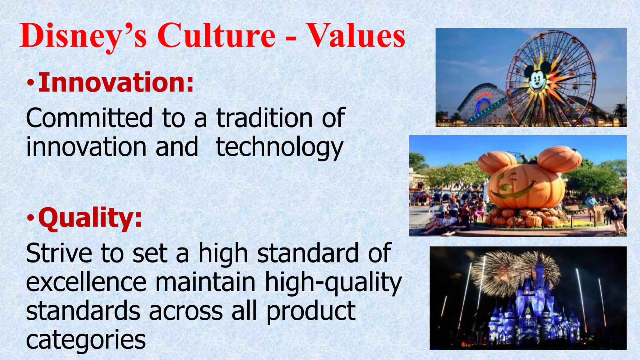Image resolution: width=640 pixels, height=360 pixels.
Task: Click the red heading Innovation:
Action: pyautogui.click(x=116, y=82)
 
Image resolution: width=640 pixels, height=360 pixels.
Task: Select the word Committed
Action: pyautogui.click(x=89, y=118)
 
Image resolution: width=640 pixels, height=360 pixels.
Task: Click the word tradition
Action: pyautogui.click(x=264, y=118)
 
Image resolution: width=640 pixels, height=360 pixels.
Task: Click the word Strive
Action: pyautogui.click(x=59, y=253)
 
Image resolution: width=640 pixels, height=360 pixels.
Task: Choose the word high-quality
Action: pyautogui.click(x=333, y=283)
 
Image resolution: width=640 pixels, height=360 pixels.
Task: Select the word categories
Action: pyautogui.click(x=86, y=340)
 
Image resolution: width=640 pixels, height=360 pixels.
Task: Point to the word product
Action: pyautogui.click(x=311, y=312)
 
